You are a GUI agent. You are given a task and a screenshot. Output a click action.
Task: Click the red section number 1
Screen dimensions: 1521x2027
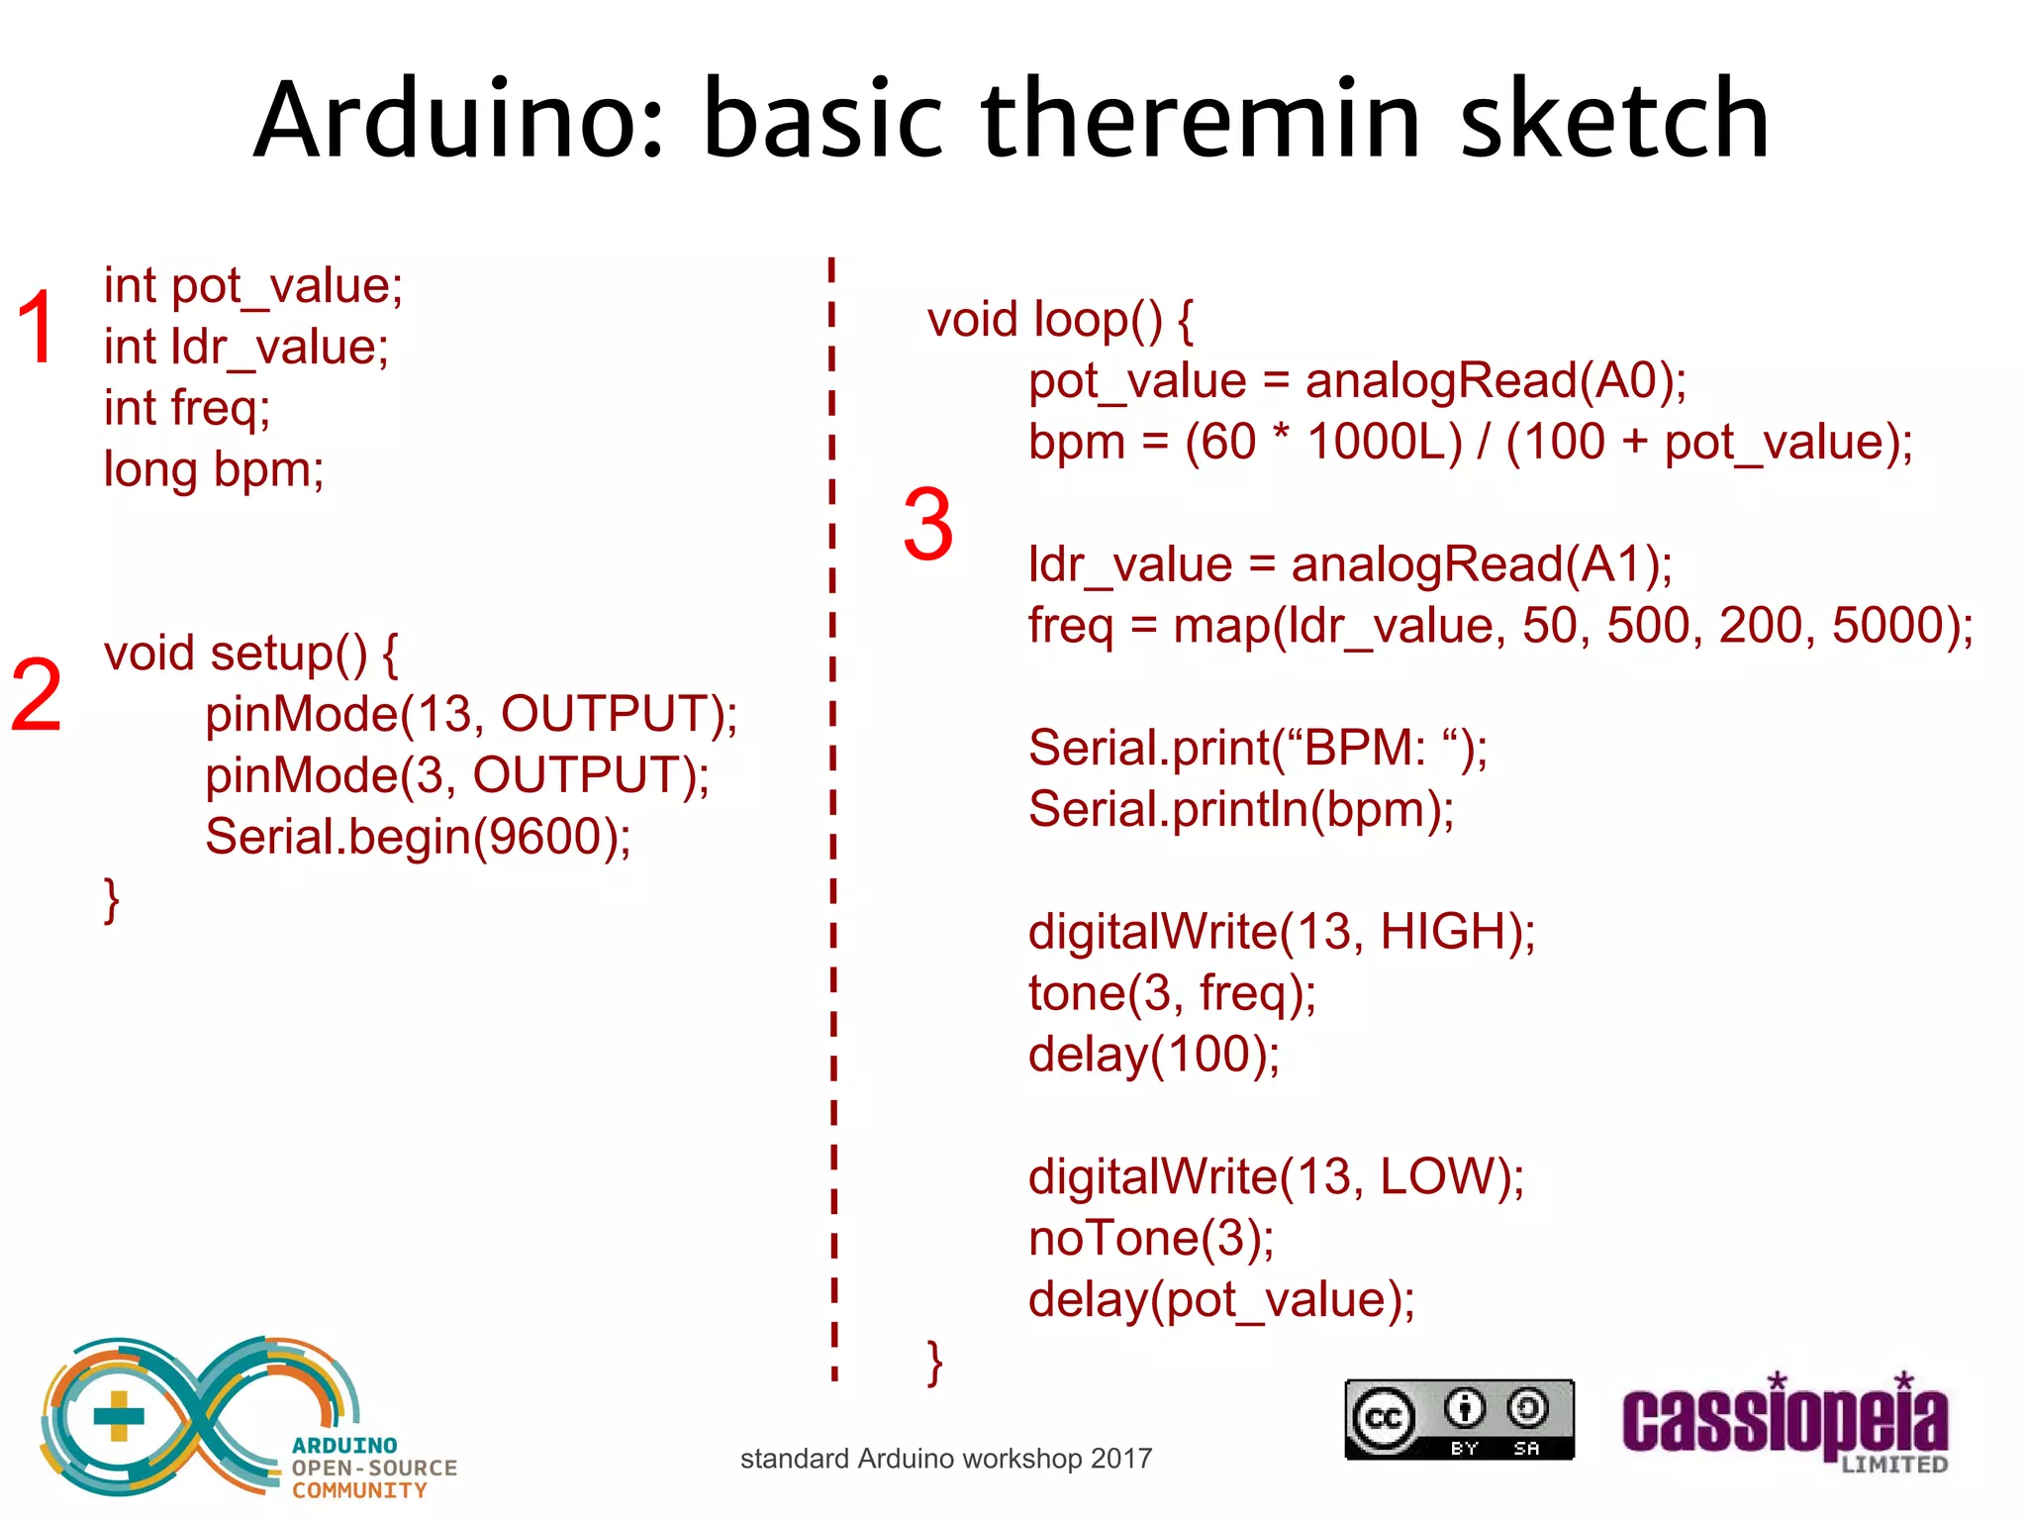(37, 328)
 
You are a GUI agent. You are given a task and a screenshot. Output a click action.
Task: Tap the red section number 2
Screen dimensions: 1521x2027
(37, 696)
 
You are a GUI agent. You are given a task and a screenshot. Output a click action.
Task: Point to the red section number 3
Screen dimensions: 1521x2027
(927, 525)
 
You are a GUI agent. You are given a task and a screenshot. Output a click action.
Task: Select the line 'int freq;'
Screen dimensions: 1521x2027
(187, 408)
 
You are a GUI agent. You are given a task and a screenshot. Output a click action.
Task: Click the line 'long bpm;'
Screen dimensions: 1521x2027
(214, 469)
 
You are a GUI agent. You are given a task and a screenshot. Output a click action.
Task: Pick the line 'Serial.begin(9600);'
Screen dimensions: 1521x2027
(418, 837)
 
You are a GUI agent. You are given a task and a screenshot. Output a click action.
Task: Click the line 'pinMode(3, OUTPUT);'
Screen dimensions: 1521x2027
(457, 775)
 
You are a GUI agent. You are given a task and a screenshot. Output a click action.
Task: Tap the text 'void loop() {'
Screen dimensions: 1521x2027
(1060, 320)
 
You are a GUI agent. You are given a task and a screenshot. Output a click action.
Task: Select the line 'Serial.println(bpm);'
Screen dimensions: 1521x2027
(1241, 810)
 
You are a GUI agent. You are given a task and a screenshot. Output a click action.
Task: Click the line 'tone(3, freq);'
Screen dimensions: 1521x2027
(1172, 993)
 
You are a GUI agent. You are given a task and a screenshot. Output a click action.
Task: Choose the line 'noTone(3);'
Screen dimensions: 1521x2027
(1151, 1239)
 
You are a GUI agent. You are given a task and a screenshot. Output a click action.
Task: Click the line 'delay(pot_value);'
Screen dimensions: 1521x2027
(1221, 1300)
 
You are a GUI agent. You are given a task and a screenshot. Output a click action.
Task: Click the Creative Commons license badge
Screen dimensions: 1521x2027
(1459, 1420)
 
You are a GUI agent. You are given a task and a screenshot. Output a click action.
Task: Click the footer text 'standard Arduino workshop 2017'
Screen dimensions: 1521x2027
(946, 1459)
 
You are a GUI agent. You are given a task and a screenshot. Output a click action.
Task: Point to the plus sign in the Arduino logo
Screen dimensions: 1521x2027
(119, 1416)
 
